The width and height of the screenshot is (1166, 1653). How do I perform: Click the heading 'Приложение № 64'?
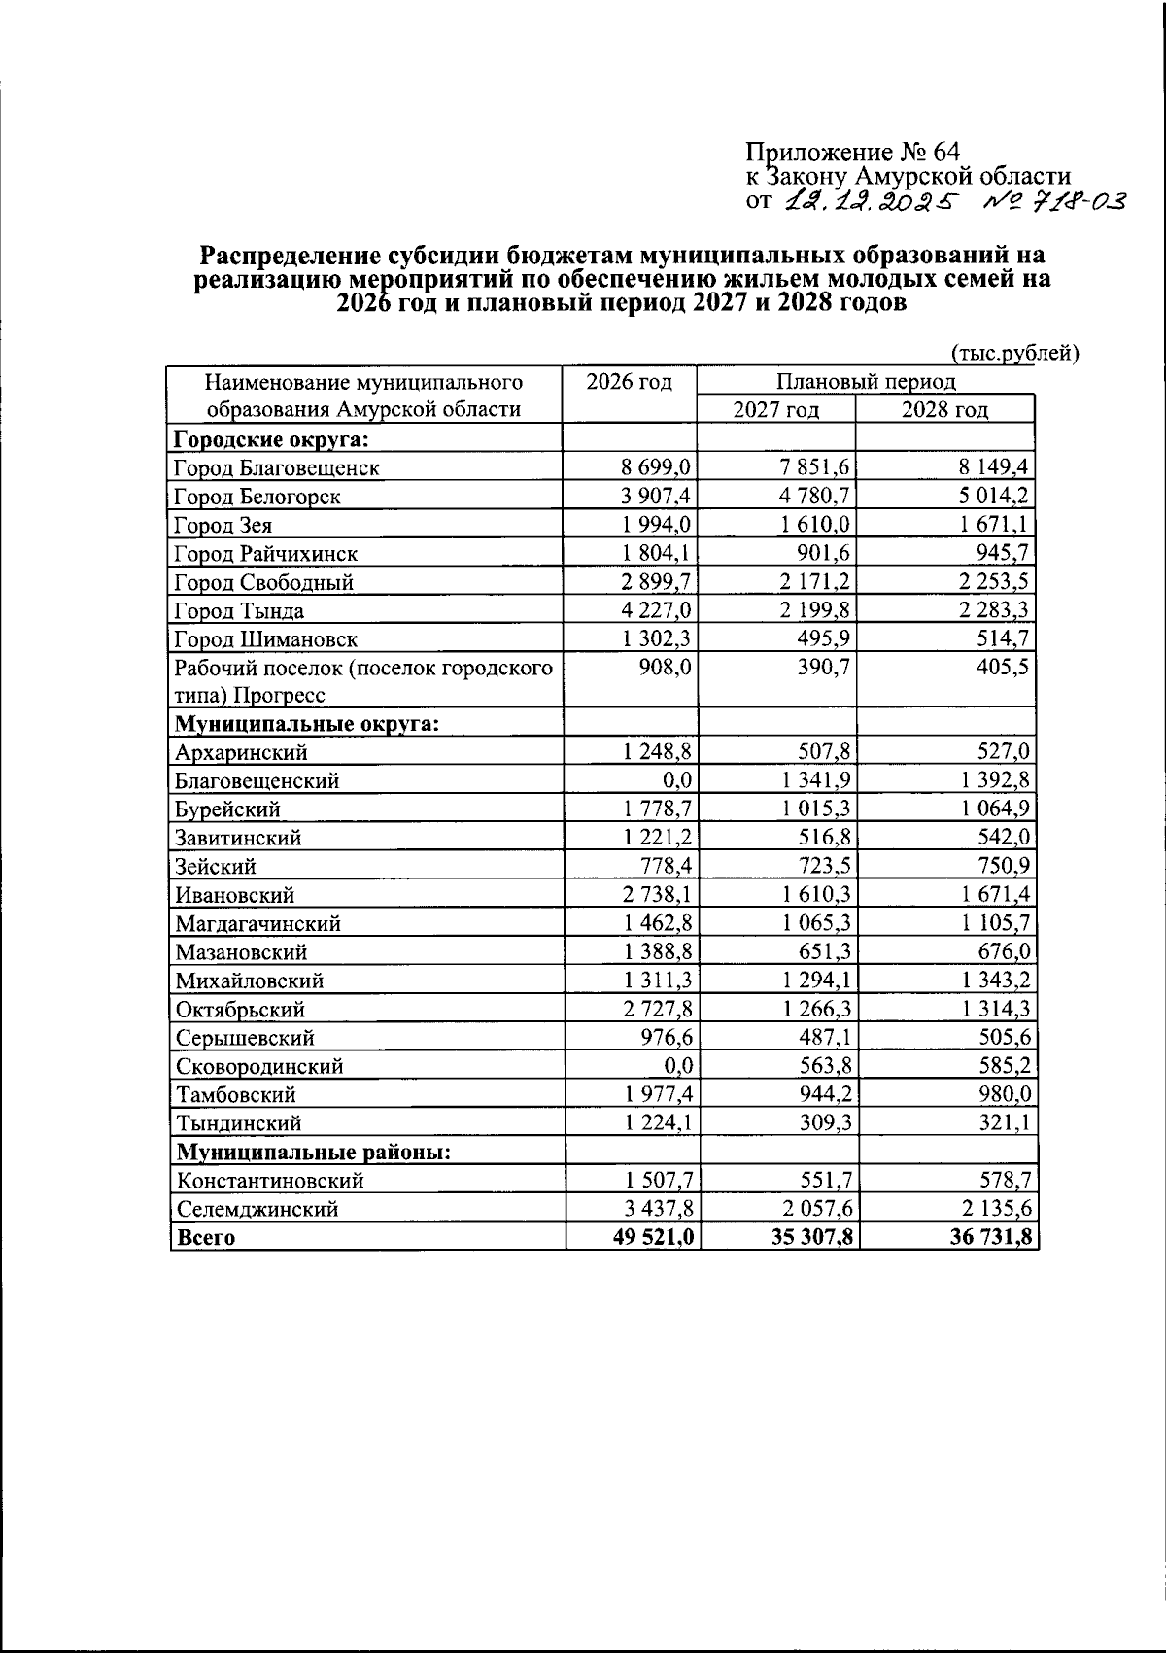852,153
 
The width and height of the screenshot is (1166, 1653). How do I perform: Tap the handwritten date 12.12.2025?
870,201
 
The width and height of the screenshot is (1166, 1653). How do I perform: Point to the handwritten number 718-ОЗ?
1052,201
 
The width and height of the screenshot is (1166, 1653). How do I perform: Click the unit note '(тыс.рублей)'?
1015,353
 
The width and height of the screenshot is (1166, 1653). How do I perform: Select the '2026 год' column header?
630,381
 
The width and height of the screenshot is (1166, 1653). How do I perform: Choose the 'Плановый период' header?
866,381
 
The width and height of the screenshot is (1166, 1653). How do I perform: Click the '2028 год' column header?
944,410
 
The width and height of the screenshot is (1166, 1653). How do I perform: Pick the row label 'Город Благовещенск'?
276,467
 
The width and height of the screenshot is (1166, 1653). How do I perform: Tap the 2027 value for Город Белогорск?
812,496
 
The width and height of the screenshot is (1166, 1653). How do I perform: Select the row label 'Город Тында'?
239,610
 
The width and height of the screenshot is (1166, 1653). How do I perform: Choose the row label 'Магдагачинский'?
257,923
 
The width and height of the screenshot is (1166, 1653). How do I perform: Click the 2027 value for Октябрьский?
812,1009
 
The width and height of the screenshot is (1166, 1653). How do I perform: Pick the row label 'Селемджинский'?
257,1209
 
